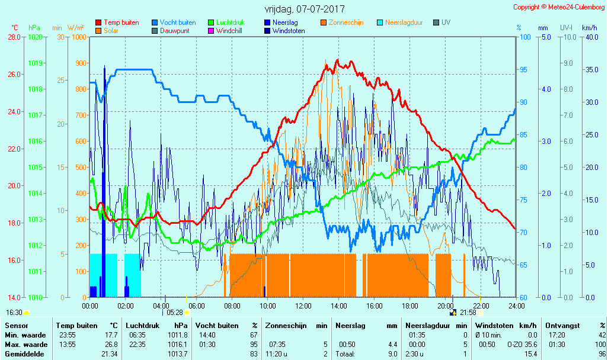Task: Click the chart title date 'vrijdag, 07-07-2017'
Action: pyautogui.click(x=304, y=9)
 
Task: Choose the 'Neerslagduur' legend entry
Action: pyautogui.click(x=404, y=22)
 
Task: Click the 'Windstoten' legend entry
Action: pyautogui.click(x=289, y=31)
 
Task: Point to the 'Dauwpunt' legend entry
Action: pyautogui.click(x=174, y=31)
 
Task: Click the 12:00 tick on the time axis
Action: pyautogui.click(x=303, y=306)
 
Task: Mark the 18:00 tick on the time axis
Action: pyautogui.click(x=409, y=306)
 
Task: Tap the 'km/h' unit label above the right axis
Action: pyautogui.click(x=589, y=28)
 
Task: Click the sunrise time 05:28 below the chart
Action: pyautogui.click(x=174, y=312)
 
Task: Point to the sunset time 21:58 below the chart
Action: pyautogui.click(x=468, y=312)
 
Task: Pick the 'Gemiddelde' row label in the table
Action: pyautogui.click(x=23, y=354)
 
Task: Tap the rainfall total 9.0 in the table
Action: pyautogui.click(x=393, y=354)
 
